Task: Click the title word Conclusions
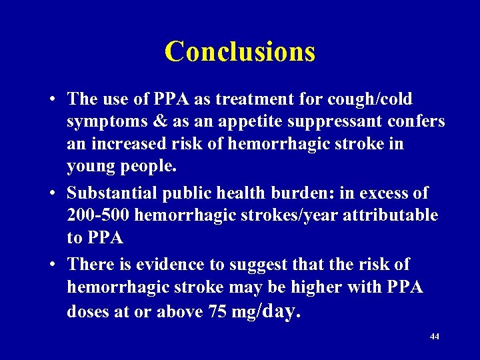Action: point(240,51)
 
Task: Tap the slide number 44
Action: point(435,337)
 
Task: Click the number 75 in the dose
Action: point(217,311)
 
